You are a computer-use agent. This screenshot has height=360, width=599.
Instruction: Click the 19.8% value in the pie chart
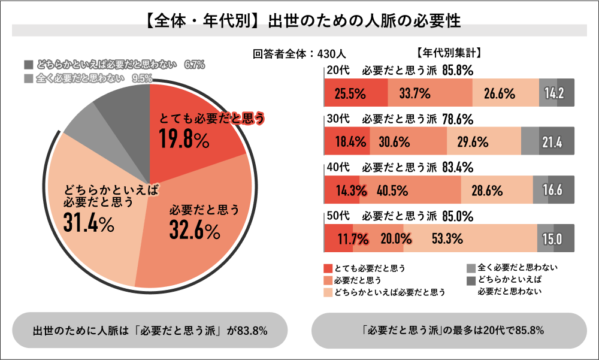pyautogui.click(x=184, y=140)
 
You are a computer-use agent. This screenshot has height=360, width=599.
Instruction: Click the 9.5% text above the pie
pyautogui.click(x=141, y=78)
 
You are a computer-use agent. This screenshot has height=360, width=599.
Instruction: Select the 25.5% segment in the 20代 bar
pyautogui.click(x=350, y=93)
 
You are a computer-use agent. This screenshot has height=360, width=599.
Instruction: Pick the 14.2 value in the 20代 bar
pyautogui.click(x=555, y=93)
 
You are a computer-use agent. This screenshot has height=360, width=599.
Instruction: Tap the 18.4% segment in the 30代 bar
pyautogui.click(x=347, y=142)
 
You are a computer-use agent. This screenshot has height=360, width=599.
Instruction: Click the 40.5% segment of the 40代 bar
pyautogui.click(x=392, y=191)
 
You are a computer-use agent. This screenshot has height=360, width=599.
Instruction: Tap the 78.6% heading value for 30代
pyautogui.click(x=458, y=118)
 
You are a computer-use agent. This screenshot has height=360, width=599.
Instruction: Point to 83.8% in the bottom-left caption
pyautogui.click(x=252, y=331)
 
